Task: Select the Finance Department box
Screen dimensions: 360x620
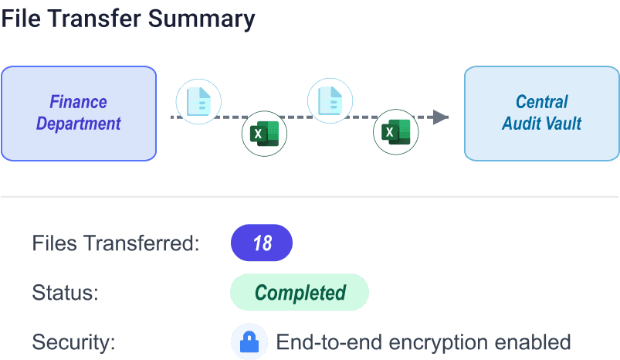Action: click(79, 113)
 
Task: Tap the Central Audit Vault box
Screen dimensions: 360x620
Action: click(541, 113)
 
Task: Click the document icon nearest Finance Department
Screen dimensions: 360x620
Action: click(198, 101)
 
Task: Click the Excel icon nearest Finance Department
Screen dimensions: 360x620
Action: click(265, 134)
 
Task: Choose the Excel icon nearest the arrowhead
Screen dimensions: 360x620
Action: click(396, 134)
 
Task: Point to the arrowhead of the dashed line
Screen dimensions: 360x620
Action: click(441, 117)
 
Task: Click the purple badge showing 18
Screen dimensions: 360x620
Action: click(262, 243)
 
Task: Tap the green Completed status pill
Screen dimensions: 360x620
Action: click(300, 293)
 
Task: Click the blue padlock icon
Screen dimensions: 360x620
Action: click(249, 341)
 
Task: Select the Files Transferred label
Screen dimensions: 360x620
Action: click(116, 243)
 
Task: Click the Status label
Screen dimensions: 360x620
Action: click(66, 293)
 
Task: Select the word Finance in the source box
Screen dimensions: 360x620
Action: click(78, 102)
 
